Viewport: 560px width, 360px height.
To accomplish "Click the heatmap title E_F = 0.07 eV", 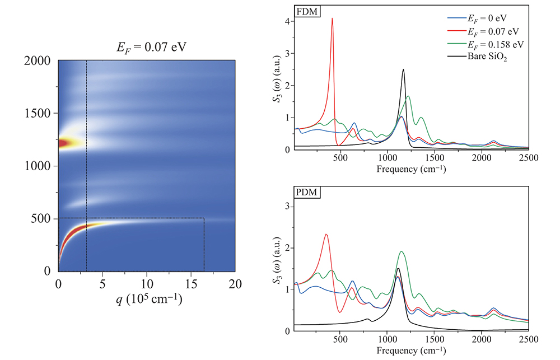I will click(x=147, y=46).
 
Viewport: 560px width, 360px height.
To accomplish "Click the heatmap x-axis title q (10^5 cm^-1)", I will click(x=147, y=301).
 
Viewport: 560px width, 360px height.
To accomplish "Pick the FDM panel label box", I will click(x=306, y=11).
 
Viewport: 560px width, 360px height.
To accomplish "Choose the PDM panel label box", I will click(x=306, y=193).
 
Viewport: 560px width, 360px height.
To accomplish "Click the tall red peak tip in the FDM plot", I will click(x=332, y=18).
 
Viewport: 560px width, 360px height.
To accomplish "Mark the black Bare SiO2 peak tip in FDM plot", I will click(x=403, y=69).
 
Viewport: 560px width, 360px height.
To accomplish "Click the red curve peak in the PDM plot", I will click(x=326, y=235).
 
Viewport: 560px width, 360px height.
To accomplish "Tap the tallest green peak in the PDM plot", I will click(x=402, y=251).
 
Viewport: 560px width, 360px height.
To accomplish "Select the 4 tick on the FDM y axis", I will click(x=287, y=21).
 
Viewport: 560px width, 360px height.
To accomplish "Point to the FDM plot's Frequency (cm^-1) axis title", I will click(x=412, y=169).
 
